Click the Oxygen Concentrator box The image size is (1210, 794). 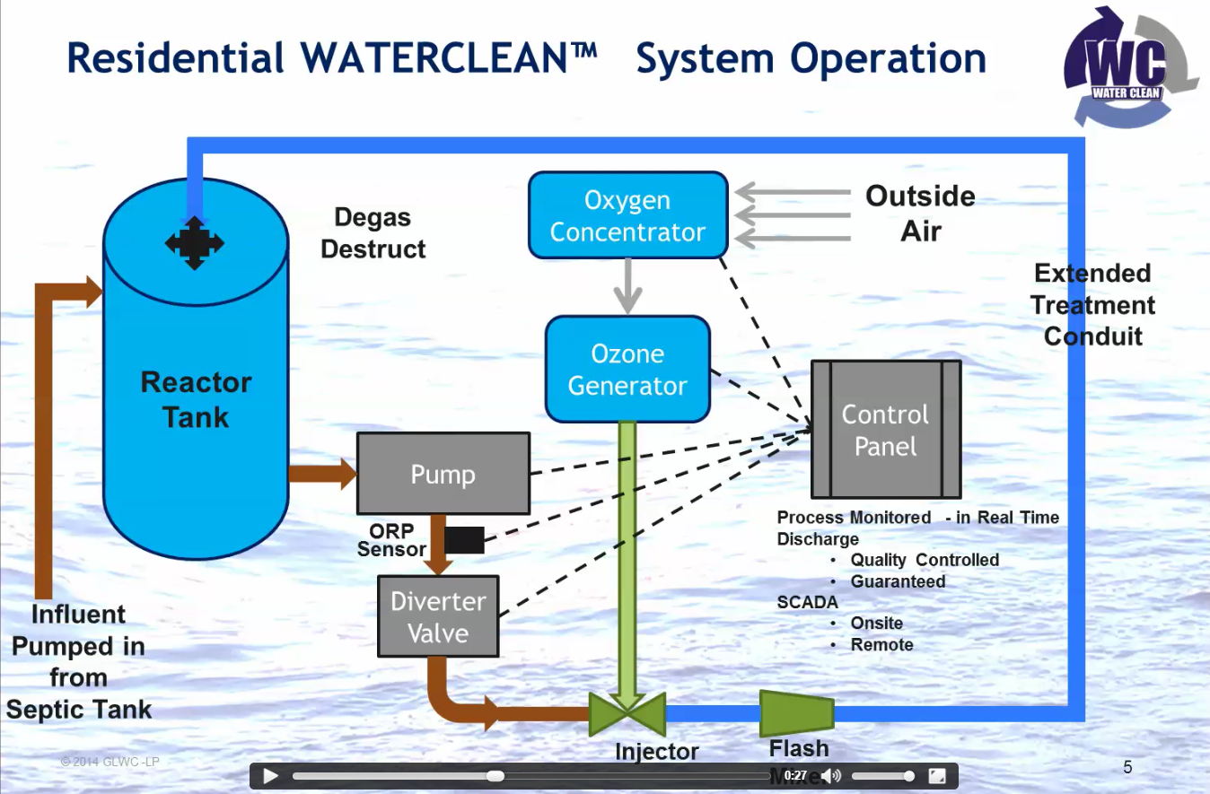(x=627, y=216)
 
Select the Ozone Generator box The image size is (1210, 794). (x=627, y=370)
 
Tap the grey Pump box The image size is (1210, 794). (x=443, y=474)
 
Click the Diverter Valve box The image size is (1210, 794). (x=438, y=617)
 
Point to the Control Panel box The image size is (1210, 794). (x=886, y=430)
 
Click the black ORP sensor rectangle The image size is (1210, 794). (x=465, y=540)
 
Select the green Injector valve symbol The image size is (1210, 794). (x=627, y=714)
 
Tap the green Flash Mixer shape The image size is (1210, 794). (x=796, y=713)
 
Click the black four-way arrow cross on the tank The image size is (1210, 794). (x=195, y=242)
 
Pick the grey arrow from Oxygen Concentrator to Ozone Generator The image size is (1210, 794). (x=627, y=286)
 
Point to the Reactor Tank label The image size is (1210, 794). (x=196, y=400)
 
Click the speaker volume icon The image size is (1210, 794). (x=832, y=776)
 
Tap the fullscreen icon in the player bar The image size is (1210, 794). (x=936, y=776)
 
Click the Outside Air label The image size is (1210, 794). (x=920, y=214)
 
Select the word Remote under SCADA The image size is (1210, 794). (x=881, y=645)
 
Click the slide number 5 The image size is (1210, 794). (x=1128, y=767)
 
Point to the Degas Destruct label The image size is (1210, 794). (x=373, y=233)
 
